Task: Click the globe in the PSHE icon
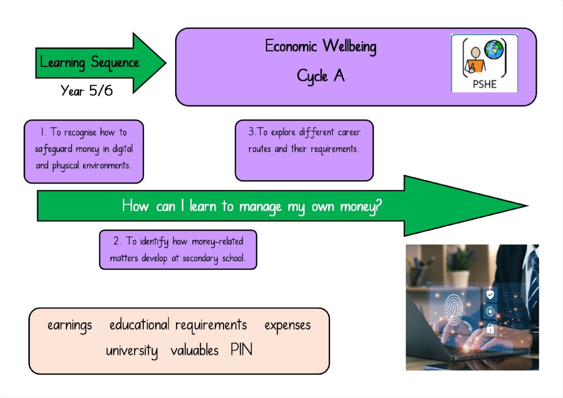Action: point(494,50)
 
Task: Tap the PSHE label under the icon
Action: point(484,84)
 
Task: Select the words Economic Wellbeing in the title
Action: point(321,47)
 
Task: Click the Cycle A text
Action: point(320,76)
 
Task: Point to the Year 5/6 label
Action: point(87,90)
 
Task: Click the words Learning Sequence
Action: point(89,63)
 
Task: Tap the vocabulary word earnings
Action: point(70,326)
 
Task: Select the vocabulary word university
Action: point(132,351)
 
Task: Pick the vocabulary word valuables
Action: point(194,350)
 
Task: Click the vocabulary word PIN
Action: point(241,349)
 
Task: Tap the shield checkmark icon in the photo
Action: point(490,294)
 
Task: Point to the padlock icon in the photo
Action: point(490,328)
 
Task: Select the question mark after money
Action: point(378,206)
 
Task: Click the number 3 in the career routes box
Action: point(251,132)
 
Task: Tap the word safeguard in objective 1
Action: point(54,149)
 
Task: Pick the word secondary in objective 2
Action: point(200,259)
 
